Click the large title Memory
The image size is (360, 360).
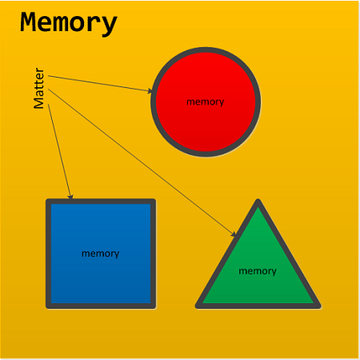[69, 23]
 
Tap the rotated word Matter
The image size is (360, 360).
[39, 88]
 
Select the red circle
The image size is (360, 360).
[206, 102]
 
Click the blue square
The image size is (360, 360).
[101, 254]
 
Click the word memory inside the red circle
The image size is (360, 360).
[206, 102]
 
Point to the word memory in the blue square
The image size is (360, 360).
[101, 254]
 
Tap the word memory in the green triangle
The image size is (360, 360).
[258, 271]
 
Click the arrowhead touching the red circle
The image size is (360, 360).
[150, 91]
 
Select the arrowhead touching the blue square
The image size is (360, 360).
[70, 197]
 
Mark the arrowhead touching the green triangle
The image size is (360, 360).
[234, 234]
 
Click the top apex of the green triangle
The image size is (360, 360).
[258, 199]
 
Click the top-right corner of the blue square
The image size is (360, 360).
[155, 199]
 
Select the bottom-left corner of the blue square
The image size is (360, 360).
[46, 308]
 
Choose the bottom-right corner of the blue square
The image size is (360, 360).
[155, 308]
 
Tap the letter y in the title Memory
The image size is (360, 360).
[109, 26]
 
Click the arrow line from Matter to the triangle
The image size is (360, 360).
[142, 162]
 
